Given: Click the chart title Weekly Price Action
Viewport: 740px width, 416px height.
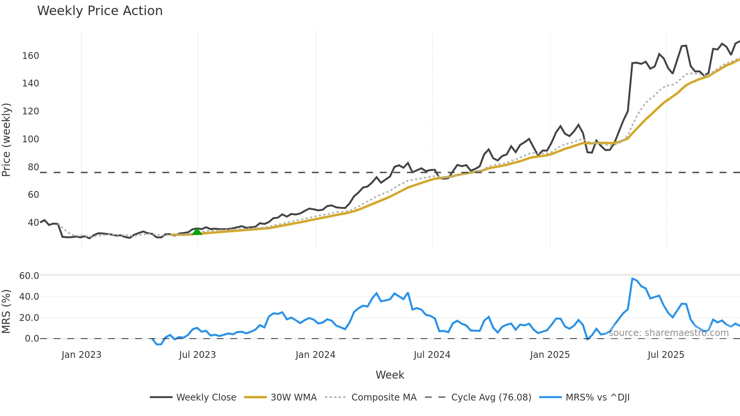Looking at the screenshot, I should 100,11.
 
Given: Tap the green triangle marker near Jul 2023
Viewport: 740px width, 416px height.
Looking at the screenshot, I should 197,231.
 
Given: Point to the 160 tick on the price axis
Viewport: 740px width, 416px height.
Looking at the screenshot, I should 31,56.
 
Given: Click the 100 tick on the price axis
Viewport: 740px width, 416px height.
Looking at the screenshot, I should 31,139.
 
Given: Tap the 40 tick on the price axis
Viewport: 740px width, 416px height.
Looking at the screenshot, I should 33,223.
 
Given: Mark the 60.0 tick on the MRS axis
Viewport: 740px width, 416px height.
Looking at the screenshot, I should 29,276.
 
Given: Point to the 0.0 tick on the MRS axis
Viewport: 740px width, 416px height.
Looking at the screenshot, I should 32,339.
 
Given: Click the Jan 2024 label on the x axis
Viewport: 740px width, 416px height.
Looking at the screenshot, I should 315,355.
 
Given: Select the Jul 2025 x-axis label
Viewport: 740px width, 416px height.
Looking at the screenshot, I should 666,355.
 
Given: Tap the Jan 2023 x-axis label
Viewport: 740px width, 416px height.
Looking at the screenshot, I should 82,355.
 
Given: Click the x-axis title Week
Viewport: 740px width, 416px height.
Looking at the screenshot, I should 390,375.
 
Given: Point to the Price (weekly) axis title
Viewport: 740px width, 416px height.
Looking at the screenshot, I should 6,140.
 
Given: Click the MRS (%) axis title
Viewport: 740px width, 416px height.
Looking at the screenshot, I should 6,311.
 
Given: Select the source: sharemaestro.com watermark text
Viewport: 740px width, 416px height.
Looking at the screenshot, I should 668,333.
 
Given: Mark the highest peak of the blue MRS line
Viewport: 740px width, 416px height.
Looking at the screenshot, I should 632,279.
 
